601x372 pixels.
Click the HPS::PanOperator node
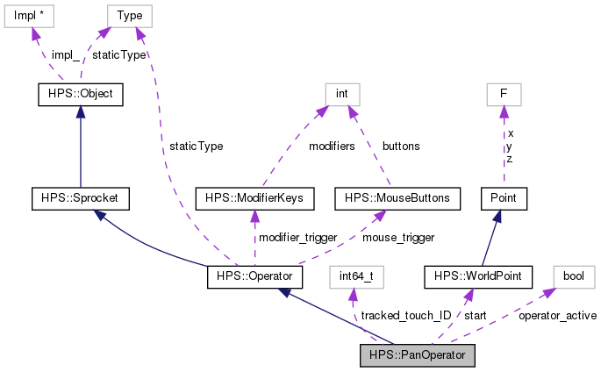tap(418, 355)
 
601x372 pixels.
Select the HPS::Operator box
tap(254, 277)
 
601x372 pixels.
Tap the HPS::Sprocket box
tap(80, 198)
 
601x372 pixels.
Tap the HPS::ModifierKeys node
tap(254, 198)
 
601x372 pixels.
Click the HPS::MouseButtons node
tap(397, 198)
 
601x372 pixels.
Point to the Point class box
tap(503, 198)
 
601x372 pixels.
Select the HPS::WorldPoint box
tap(478, 277)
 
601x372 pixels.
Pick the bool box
tap(573, 277)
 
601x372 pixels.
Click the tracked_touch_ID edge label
tap(406, 315)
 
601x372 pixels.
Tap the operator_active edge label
tap(557, 315)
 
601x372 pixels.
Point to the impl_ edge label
tap(65, 54)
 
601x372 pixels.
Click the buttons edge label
tap(401, 146)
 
